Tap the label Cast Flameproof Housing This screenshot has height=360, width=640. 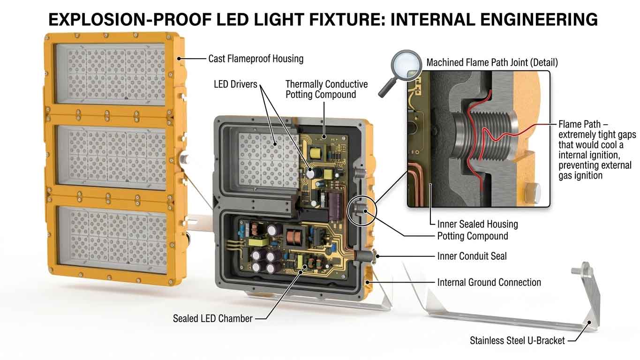(256, 59)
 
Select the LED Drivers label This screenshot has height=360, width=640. (235, 84)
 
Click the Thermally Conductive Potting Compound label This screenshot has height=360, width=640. (326, 89)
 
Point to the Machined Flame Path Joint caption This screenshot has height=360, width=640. (492, 62)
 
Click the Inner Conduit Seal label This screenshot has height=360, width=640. (472, 256)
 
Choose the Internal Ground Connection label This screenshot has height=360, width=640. (489, 282)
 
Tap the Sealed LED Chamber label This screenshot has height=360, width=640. (212, 319)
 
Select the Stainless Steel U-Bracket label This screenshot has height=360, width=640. (517, 341)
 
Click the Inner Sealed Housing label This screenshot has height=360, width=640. (477, 224)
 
